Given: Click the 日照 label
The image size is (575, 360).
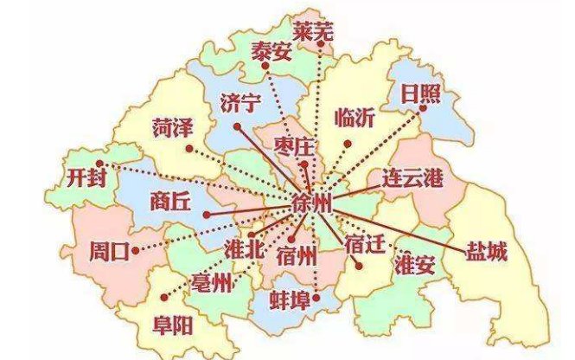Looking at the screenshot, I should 420,94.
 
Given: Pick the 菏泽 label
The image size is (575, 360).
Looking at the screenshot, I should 170,128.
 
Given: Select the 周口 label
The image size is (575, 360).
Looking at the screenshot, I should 108,253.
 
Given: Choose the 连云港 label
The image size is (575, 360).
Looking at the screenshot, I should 412,179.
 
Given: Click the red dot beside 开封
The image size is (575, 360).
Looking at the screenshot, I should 100,162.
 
